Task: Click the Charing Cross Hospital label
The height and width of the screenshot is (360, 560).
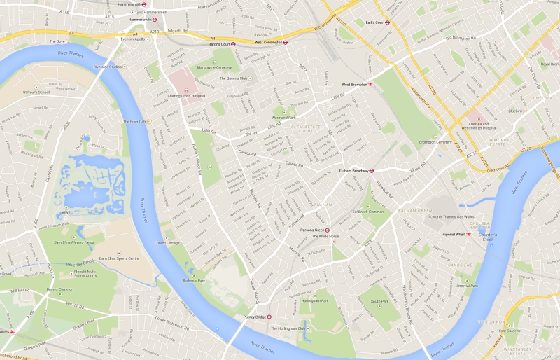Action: pyautogui.click(x=185, y=96)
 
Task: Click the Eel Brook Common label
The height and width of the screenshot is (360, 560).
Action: pyautogui.click(x=368, y=211)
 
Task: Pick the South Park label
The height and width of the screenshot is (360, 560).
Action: pyautogui.click(x=380, y=302)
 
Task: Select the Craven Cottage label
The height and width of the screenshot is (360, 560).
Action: pyautogui.click(x=168, y=243)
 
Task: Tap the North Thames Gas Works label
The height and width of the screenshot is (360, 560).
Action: pyautogui.click(x=454, y=216)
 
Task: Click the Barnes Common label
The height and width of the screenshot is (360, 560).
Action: pyautogui.click(x=60, y=289)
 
